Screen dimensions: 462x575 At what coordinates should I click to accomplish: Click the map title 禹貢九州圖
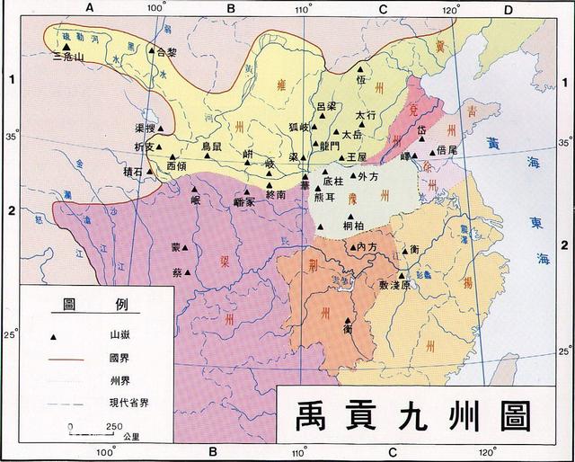tap(409, 415)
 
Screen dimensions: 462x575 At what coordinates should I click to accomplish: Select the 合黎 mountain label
tap(167, 52)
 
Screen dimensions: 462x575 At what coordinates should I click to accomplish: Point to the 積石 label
tap(134, 170)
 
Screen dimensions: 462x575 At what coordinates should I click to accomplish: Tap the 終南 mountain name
tap(276, 193)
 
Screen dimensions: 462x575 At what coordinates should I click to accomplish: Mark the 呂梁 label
tap(328, 107)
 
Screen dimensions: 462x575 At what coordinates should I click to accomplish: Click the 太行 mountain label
tap(365, 115)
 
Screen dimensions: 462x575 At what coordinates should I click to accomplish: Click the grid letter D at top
tap(507, 9)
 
